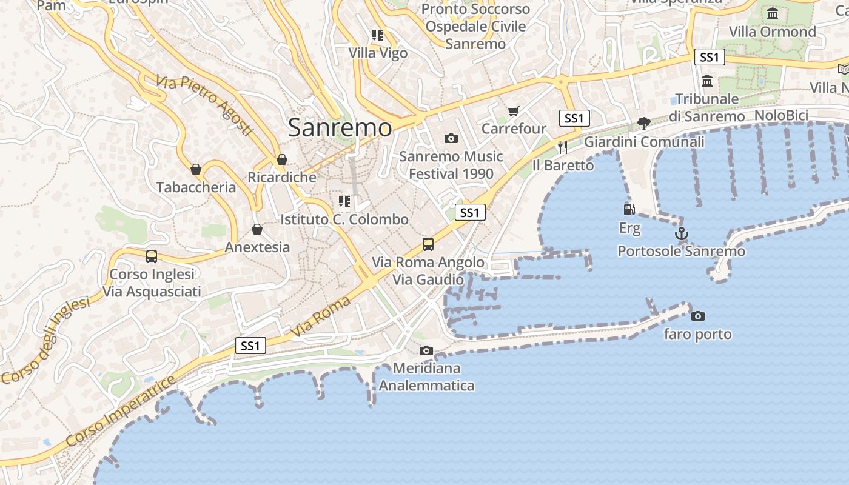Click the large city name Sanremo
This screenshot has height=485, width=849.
pos(340,127)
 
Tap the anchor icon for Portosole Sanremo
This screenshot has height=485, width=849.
pos(682,233)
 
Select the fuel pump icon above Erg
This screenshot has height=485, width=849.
pos(629,210)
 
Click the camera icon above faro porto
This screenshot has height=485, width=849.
pos(698,316)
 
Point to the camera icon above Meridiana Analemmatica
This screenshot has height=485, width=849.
pos(426,350)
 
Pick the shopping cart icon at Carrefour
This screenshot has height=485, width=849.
pos(514,111)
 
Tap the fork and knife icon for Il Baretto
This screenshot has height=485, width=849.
pos(563,147)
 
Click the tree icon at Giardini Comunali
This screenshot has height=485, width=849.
pos(644,124)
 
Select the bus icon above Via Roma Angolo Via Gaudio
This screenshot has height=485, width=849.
pos(428,244)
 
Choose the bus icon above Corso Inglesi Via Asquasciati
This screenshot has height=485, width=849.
pos(152,256)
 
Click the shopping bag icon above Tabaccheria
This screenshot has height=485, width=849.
pos(196,169)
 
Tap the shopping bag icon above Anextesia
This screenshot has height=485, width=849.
pos(257,229)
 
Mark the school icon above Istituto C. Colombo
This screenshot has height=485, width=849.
pos(344,201)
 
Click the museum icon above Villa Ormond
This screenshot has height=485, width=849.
pos(773,13)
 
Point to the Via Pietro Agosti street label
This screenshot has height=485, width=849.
pos(204,105)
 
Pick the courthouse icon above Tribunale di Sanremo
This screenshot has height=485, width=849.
pos(707,81)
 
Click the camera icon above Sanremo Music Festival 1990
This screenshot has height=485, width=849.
pos(451,138)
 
